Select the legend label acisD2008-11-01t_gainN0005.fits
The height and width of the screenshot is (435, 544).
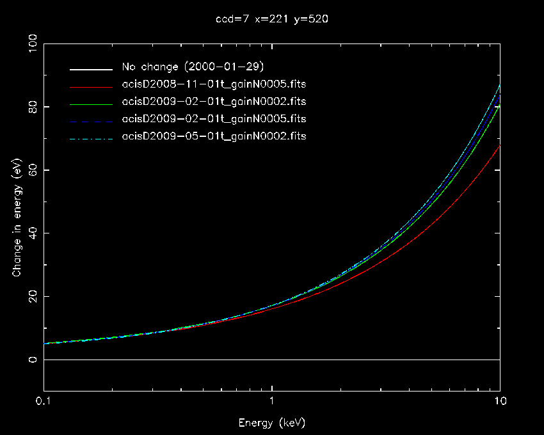(214, 84)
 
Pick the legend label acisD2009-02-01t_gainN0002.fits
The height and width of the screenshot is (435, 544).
(214, 102)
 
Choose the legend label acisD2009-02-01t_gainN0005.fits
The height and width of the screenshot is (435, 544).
(214, 119)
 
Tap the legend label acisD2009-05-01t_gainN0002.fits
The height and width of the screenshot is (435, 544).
(214, 136)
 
